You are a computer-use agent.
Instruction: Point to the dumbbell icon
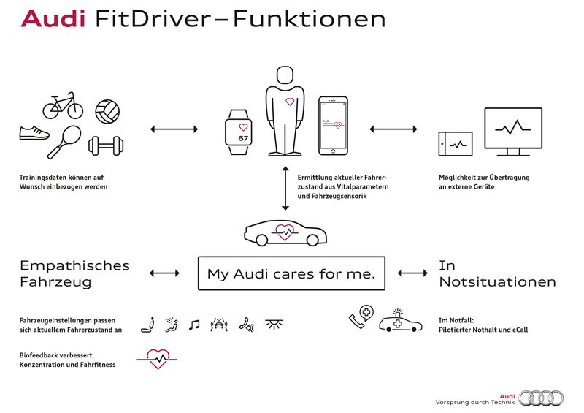105,146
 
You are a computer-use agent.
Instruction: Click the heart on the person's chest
289,102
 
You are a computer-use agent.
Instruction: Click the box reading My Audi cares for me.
291,274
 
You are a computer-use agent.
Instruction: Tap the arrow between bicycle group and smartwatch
174,129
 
